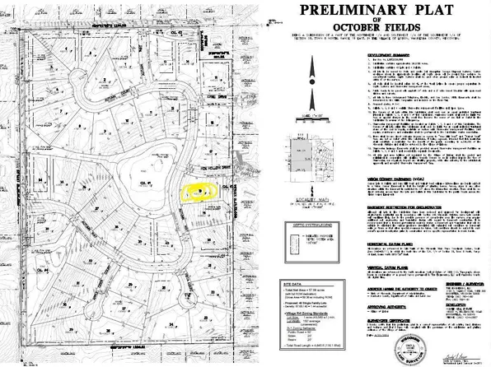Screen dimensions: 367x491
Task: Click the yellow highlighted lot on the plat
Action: point(198,192)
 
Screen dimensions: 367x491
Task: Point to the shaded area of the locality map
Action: point(306,151)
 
